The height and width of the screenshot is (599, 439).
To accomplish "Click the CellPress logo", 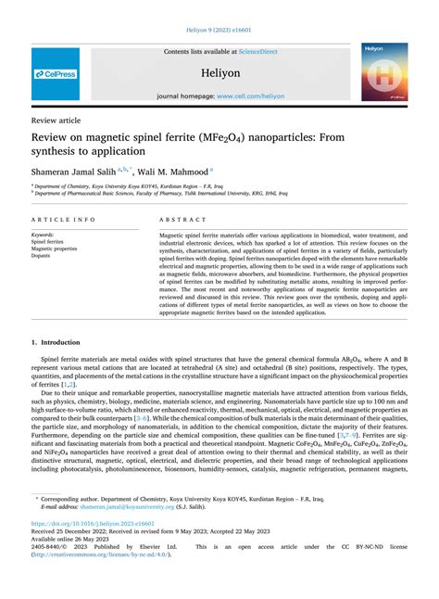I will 56,73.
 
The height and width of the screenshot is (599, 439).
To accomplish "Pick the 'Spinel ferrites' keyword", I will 50,242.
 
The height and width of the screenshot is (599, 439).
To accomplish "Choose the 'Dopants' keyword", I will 43,255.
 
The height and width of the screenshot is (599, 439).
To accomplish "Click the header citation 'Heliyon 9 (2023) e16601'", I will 219,30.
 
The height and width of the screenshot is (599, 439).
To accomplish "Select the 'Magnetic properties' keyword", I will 55,249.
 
